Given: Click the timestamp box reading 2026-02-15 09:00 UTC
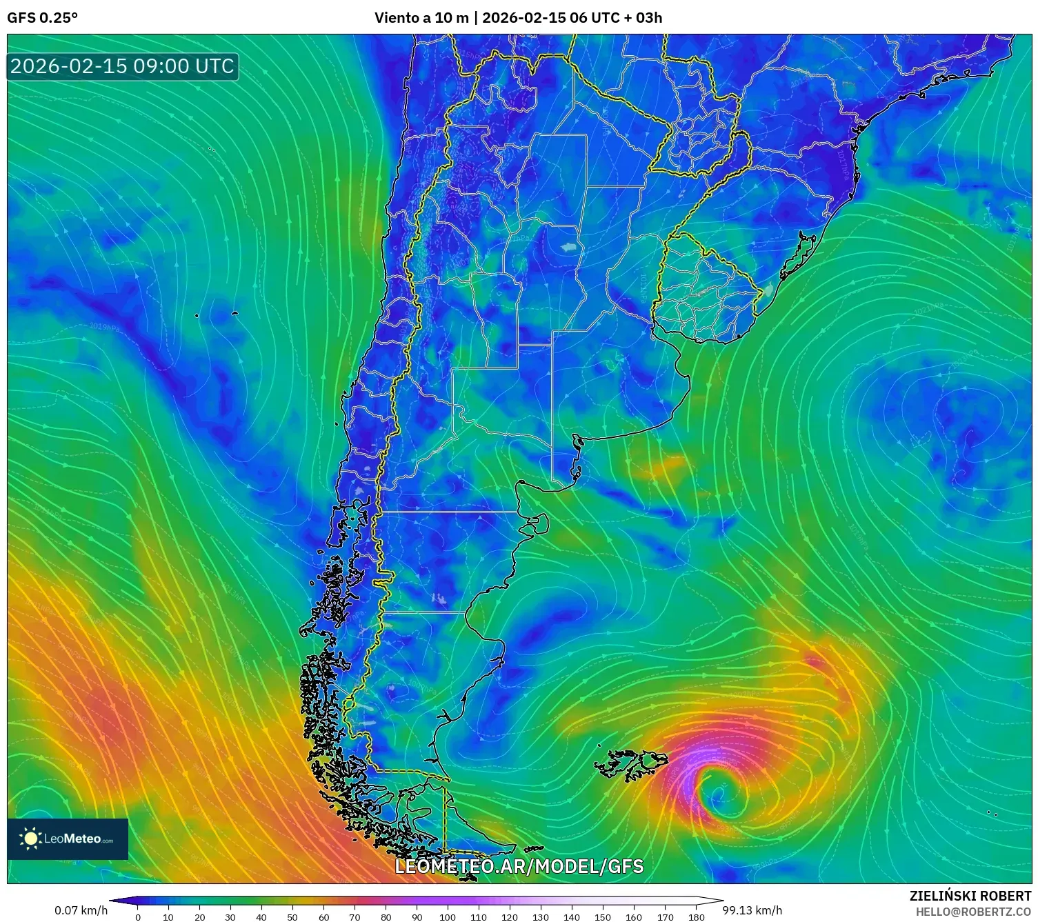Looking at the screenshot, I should coord(123,66).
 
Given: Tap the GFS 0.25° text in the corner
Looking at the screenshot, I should coord(42,18).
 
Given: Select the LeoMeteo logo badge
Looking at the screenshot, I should coord(68,839).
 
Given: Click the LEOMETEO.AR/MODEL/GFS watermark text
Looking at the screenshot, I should coord(519,867).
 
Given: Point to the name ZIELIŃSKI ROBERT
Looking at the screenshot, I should coord(970,896).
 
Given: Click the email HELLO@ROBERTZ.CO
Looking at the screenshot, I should coord(973,912).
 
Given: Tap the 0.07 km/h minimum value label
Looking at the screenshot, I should coord(81,910).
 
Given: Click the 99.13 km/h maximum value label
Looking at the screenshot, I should coord(752,910).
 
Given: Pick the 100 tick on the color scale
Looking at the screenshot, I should coord(448,916).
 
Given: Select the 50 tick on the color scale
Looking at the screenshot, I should coord(292,916).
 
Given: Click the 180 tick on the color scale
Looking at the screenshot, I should coord(696,916).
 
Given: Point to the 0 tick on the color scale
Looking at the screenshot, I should coord(138,916).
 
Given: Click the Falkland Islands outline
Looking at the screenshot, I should coord(631,764).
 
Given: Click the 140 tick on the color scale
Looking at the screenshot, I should coord(572,916).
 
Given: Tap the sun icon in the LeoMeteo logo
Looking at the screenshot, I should coord(30,839).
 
